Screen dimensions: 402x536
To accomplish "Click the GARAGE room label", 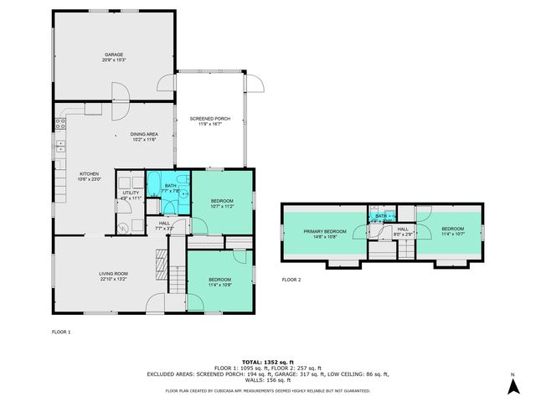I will (114, 54).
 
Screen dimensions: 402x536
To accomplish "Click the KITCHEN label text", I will (90, 173).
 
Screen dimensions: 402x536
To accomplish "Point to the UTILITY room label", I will (130, 193).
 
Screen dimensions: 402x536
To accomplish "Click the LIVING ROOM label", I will (113, 272).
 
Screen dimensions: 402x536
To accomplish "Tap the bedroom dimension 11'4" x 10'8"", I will (219, 285).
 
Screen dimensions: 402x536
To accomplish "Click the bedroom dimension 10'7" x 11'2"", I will (221, 206).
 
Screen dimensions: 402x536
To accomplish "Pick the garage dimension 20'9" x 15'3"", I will (114, 60).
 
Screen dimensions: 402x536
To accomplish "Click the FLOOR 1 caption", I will (61, 332).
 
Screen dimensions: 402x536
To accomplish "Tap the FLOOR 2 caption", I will (291, 278).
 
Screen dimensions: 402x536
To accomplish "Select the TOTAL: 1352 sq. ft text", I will (267, 360).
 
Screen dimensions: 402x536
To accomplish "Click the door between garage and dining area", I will (119, 99).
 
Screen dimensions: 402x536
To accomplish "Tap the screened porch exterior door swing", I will (253, 82).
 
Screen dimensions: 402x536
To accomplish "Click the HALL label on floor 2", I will (403, 229).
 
